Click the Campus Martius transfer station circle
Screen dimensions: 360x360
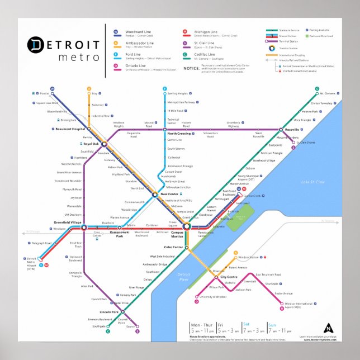[x=187, y=226]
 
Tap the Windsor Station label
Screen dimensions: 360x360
[x=249, y=258]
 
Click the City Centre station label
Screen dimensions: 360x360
[x=229, y=277]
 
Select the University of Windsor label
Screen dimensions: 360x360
[x=213, y=297]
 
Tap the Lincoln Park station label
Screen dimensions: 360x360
[x=109, y=312]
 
